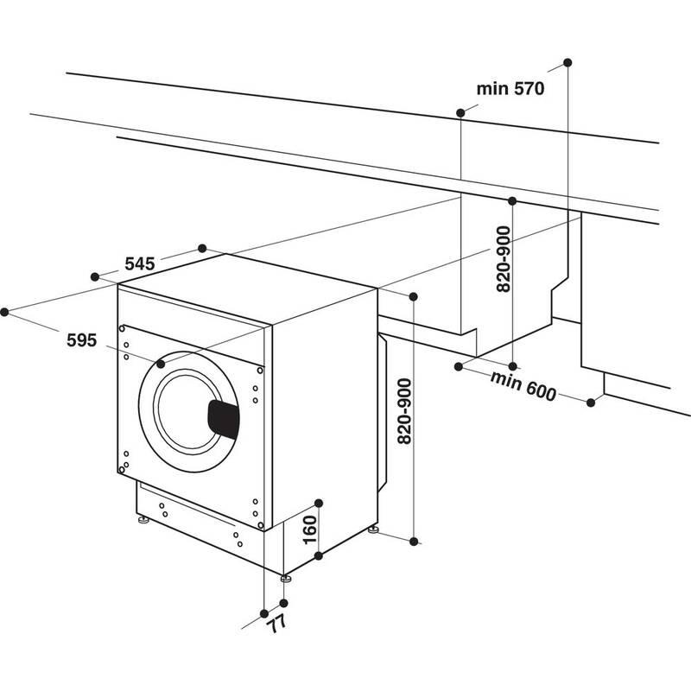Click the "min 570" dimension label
(509, 89)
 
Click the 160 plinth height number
(311, 528)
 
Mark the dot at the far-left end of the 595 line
(5, 312)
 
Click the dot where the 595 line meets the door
(162, 365)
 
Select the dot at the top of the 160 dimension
(319, 502)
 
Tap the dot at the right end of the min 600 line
(593, 402)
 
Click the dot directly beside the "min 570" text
(460, 112)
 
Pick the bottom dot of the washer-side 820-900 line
(414, 542)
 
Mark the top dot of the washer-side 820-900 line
(413, 297)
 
